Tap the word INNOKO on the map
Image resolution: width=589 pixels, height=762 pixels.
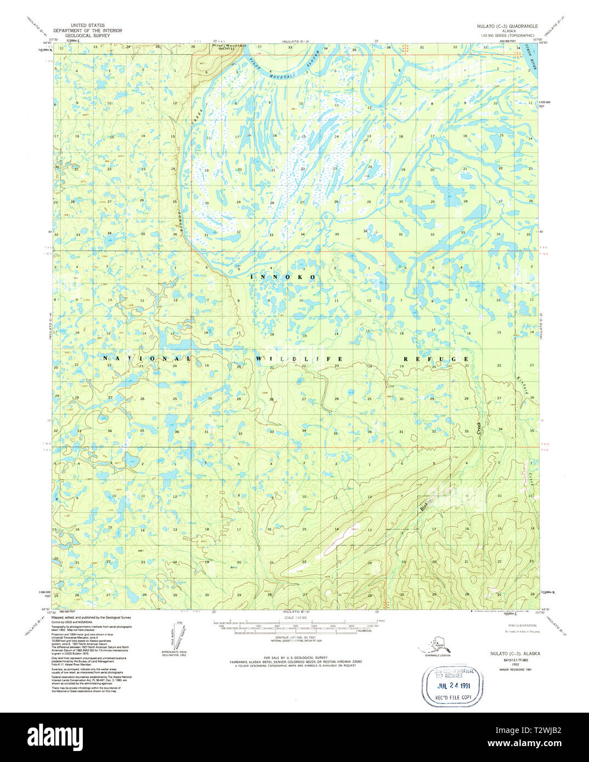[283, 277]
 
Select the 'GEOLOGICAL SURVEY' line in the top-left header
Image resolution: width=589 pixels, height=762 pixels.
[87, 36]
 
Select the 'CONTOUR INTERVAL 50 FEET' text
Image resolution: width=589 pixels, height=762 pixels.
[294, 638]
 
